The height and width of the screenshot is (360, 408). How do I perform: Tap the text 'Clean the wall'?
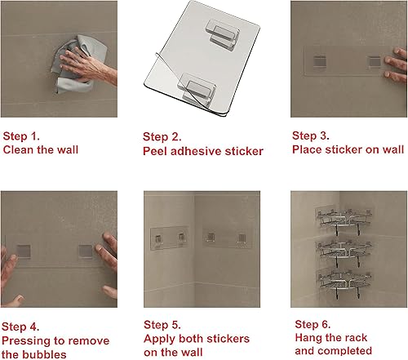pos(41,151)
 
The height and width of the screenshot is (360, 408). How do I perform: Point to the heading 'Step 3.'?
pos(313,137)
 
